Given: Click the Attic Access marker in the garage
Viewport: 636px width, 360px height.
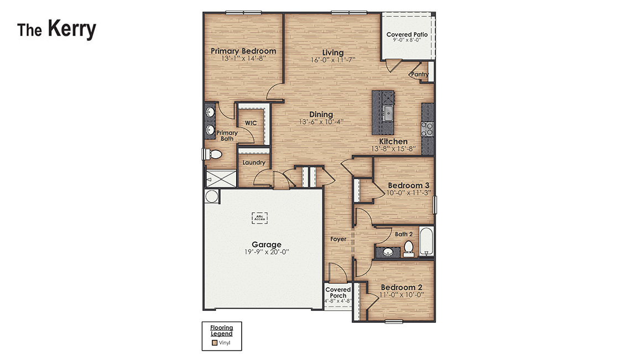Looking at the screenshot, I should click(259, 218).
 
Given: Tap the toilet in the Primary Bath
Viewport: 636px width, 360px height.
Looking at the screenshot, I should click(213, 156).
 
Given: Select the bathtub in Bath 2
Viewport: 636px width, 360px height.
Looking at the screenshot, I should click(426, 242).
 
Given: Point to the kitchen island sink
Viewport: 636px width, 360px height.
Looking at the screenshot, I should click(388, 113).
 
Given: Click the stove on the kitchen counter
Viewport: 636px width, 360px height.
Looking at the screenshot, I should click(427, 129).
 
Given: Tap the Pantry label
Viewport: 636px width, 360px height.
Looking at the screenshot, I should click(419, 75).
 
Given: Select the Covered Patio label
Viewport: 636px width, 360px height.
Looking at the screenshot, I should click(406, 35).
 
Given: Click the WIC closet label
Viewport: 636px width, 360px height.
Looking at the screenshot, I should click(251, 123).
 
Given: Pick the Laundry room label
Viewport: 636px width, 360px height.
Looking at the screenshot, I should click(254, 163).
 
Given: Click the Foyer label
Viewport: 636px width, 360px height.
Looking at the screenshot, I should click(338, 239).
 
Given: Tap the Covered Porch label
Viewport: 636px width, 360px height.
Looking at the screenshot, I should click(338, 293).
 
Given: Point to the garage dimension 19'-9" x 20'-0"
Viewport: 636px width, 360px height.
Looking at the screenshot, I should click(267, 252).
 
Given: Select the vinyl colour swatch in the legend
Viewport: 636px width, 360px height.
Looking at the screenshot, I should click(215, 343).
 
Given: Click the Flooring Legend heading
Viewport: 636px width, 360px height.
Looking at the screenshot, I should click(221, 331).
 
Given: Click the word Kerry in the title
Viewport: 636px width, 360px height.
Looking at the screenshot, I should click(71, 29).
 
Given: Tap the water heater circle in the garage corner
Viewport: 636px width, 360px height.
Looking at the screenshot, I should click(211, 196).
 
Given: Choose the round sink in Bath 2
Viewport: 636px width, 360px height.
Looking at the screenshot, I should click(388, 252).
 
